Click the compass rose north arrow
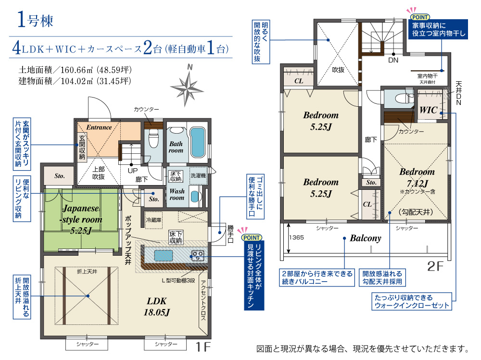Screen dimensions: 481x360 click(x=187, y=88)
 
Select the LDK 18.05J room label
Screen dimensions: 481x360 click(x=157, y=307)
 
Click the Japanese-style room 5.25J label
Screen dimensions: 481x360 click(x=81, y=219)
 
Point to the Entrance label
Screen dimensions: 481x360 click(x=99, y=127)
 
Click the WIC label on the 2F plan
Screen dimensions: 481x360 click(x=429, y=110)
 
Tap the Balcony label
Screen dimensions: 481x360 click(x=366, y=238)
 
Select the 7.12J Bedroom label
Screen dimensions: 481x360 click(x=417, y=177)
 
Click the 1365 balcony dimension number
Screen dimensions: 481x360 click(x=296, y=237)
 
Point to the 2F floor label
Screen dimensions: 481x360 click(x=435, y=266)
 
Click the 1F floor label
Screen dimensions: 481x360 click(x=203, y=347)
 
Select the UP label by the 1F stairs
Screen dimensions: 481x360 click(x=133, y=171)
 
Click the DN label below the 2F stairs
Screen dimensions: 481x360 click(x=393, y=60)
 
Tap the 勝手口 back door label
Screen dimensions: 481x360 click(x=230, y=234)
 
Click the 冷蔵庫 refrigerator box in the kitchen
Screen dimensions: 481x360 click(x=154, y=220)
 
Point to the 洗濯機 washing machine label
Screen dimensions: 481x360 click(x=198, y=175)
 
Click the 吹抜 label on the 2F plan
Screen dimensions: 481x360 click(x=338, y=70)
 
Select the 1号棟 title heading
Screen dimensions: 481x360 click(x=35, y=20)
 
